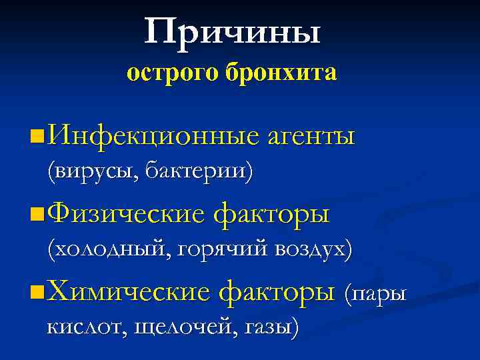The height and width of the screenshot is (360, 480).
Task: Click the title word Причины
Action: pos(232,32)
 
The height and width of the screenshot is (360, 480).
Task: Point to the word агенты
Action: pos(311,137)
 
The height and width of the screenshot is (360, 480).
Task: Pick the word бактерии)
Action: pos(199,173)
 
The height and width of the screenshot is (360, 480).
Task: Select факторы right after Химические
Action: pos(277,292)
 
